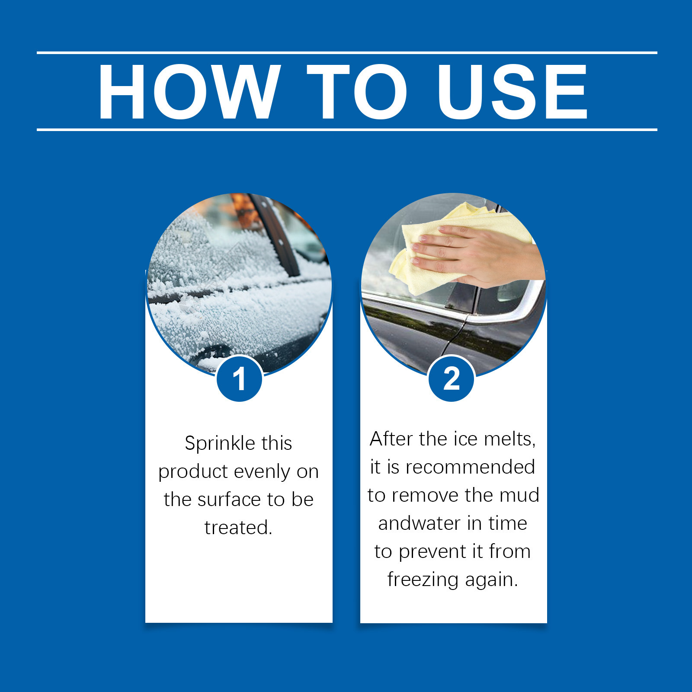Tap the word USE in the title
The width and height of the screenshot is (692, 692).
pos(512,91)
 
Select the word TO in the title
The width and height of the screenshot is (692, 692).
pos(358,91)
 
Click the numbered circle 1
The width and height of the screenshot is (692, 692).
pos(239,378)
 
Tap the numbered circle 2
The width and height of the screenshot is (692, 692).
pos(452,378)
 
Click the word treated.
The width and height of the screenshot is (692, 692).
pos(238,528)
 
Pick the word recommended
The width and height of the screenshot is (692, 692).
pos(470,467)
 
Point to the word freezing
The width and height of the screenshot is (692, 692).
pos(423,580)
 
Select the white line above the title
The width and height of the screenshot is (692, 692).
pos(347,53)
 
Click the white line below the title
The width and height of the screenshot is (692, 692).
pos(347,129)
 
